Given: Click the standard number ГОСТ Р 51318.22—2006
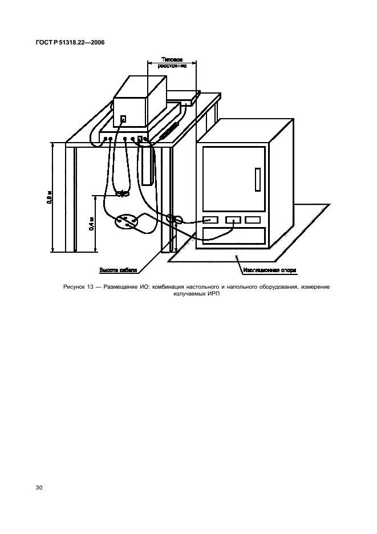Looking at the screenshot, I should (67, 42).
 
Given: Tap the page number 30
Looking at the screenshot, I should (39, 488).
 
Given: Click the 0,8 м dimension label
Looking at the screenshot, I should (50, 197).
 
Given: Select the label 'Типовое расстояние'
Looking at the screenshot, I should (172, 62).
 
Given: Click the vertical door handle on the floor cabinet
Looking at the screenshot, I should (257, 180).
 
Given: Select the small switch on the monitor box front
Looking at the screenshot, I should (123, 119).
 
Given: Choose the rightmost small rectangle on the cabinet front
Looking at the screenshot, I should (253, 220).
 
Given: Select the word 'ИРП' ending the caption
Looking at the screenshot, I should (214, 294).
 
